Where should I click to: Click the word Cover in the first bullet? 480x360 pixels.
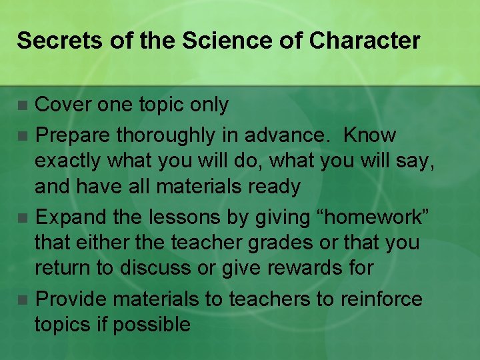pos(63,105)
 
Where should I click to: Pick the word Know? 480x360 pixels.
pos(370,135)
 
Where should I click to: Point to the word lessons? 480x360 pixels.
pos(189,217)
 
